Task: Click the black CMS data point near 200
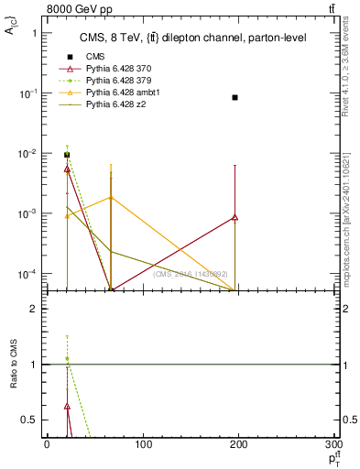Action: coord(235,97)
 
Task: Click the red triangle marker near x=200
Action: coord(235,217)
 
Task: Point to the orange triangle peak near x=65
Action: coord(111,197)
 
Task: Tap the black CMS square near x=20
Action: coord(67,155)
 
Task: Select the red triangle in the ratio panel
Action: coord(67,405)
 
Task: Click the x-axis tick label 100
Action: coord(143,444)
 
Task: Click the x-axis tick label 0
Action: coord(47,444)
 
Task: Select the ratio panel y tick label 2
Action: coord(33,309)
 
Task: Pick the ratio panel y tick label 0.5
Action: coord(29,420)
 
